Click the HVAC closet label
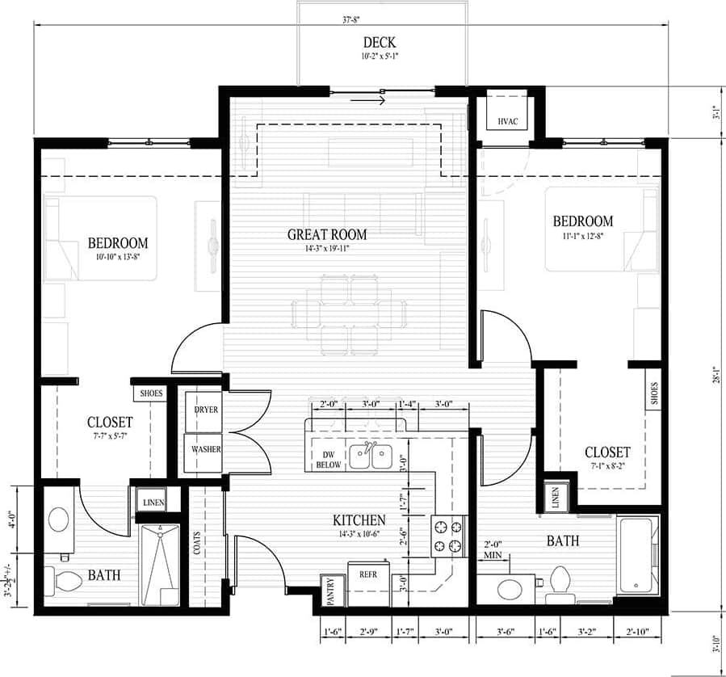pyautogui.click(x=507, y=121)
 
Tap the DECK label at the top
pyautogui.click(x=379, y=42)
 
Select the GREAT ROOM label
pyautogui.click(x=327, y=234)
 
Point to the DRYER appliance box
pyautogui.click(x=206, y=410)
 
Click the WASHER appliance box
pyautogui.click(x=206, y=449)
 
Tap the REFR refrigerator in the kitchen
pyautogui.click(x=369, y=574)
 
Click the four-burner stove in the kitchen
pyautogui.click(x=448, y=536)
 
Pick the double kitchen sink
pyautogui.click(x=371, y=458)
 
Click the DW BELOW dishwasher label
pyautogui.click(x=328, y=460)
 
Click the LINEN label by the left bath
pyautogui.click(x=153, y=502)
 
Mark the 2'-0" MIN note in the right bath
pyautogui.click(x=493, y=549)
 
